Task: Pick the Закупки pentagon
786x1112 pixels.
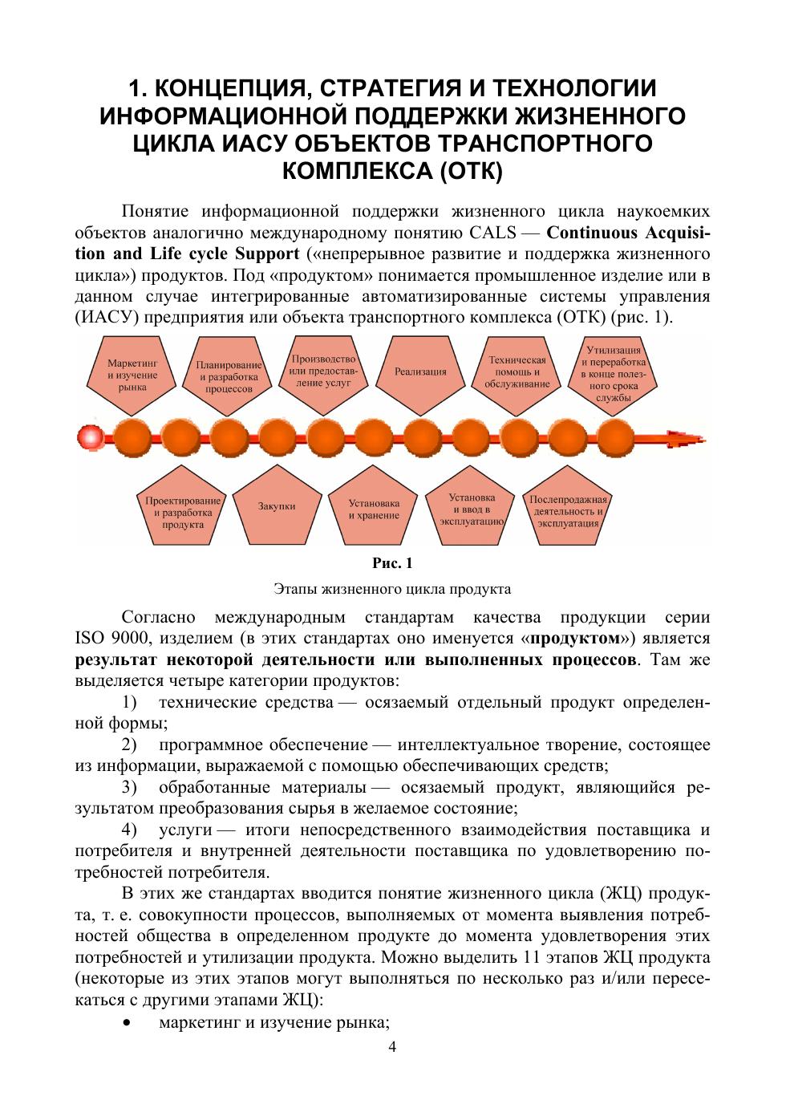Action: click(278, 507)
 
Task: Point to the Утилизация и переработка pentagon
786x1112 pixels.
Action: click(613, 372)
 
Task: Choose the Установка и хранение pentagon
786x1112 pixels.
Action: click(374, 509)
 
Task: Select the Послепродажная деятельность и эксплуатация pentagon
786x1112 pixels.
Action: click(566, 511)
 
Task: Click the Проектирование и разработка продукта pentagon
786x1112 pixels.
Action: click(182, 512)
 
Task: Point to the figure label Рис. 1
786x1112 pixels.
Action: click(392, 563)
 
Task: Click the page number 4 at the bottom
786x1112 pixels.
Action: click(392, 1046)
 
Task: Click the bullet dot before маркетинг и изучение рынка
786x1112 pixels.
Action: click(127, 1023)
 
